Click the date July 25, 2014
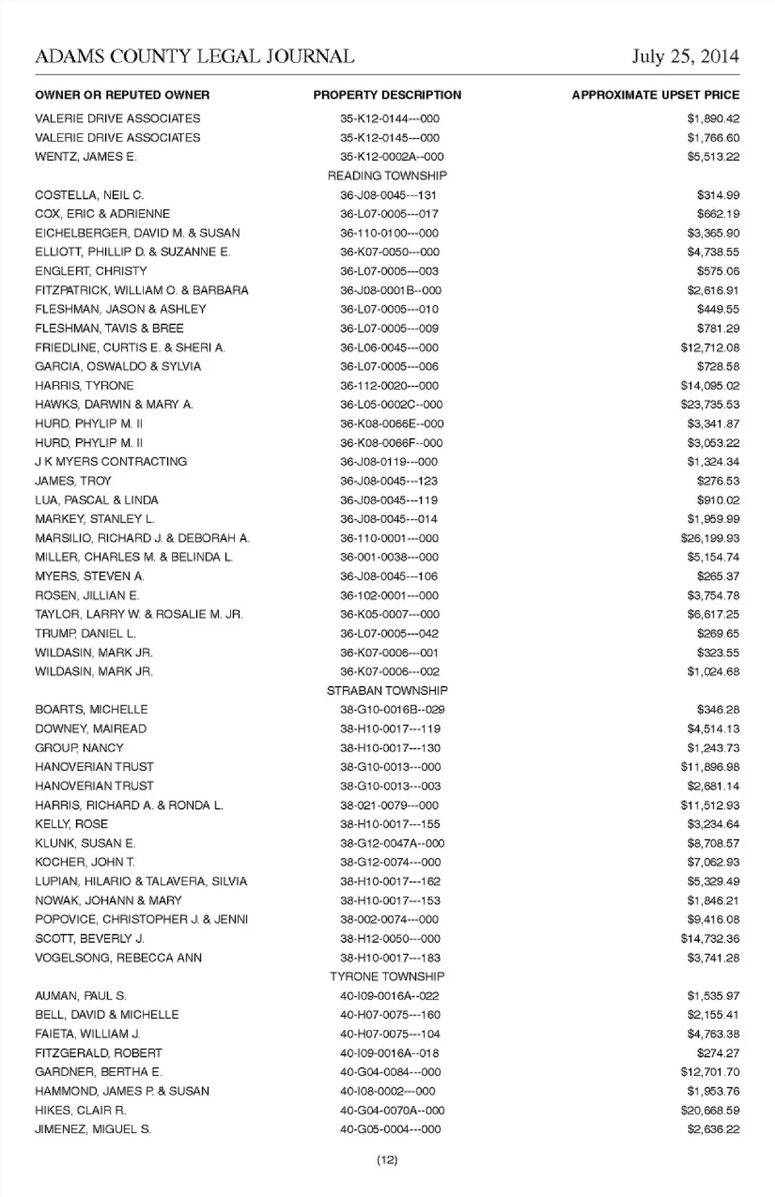click(x=685, y=57)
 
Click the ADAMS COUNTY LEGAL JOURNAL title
click(x=195, y=57)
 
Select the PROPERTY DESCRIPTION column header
click(x=387, y=95)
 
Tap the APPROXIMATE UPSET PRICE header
click(x=656, y=95)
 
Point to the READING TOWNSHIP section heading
click(x=387, y=175)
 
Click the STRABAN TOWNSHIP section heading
click(x=387, y=691)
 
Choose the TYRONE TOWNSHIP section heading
click(x=387, y=977)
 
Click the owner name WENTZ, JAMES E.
click(x=86, y=157)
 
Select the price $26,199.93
click(x=710, y=538)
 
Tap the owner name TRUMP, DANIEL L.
click(x=85, y=634)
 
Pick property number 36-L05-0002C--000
click(x=391, y=404)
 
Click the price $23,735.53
click(x=710, y=404)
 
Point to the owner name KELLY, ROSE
click(x=71, y=824)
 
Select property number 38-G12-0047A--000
click(x=392, y=843)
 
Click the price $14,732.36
click(x=710, y=939)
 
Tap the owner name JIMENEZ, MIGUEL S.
click(x=93, y=1129)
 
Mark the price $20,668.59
click(x=710, y=1111)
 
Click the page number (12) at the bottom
click(x=387, y=1160)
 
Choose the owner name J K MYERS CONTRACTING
click(x=111, y=462)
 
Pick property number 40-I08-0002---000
click(x=387, y=1091)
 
